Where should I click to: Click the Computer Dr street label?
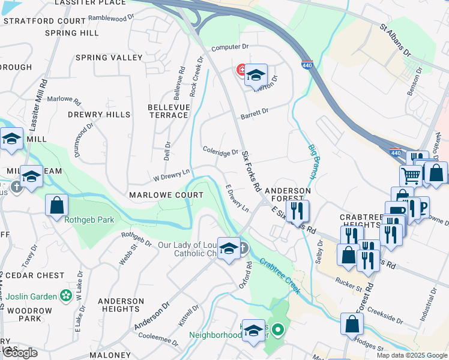(x=229, y=47)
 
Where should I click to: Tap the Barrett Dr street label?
(x=255, y=112)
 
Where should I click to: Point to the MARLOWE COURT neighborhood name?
(x=166, y=195)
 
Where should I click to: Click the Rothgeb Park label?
(x=89, y=220)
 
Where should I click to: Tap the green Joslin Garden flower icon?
(x=65, y=296)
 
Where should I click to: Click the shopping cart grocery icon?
(x=411, y=175)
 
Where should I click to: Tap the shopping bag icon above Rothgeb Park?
(x=56, y=205)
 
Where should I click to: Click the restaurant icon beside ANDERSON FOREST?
(x=298, y=211)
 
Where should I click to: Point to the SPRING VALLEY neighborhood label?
(x=109, y=58)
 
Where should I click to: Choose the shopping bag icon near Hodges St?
(x=352, y=323)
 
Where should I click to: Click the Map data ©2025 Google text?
(x=411, y=355)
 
